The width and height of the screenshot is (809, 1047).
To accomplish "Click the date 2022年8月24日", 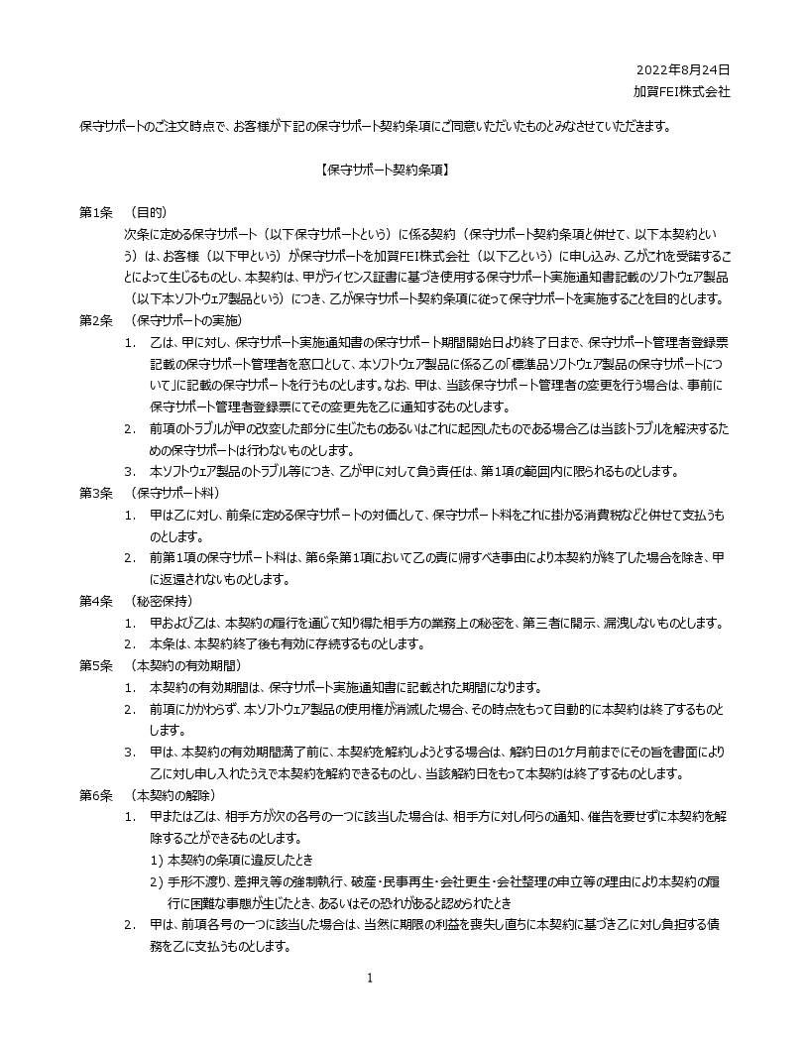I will (x=682, y=70).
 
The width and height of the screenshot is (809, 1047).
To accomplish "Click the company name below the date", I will (x=682, y=90).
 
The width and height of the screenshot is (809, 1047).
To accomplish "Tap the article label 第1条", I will (x=97, y=213).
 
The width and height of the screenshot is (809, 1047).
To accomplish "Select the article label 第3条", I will (x=97, y=493).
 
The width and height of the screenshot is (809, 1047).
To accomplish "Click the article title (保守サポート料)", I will (x=174, y=493).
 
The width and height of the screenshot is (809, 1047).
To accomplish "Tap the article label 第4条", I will (x=97, y=601).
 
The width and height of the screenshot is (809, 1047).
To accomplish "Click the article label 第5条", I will (x=97, y=665).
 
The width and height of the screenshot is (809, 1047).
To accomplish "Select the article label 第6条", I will (x=97, y=795).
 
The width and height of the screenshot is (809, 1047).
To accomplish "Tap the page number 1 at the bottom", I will (x=370, y=979).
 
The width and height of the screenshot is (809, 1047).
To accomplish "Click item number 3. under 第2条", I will (x=130, y=472).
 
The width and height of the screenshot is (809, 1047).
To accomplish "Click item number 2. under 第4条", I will (x=130, y=644).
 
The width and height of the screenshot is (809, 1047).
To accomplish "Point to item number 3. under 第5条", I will (x=130, y=753).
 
